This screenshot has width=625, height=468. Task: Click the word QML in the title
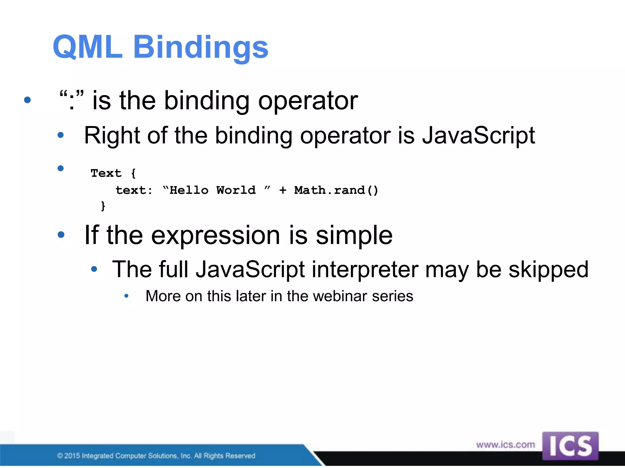click(x=88, y=47)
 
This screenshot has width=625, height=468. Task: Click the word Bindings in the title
click(x=201, y=47)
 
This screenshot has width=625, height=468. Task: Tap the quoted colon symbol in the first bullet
click(x=71, y=100)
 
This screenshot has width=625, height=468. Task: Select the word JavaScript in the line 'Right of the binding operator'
click(x=478, y=136)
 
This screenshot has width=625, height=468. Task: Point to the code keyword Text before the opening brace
click(x=106, y=173)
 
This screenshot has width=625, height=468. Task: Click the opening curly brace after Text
click(x=133, y=173)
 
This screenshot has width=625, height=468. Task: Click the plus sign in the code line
click(x=283, y=190)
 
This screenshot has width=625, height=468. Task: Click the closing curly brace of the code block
click(x=103, y=206)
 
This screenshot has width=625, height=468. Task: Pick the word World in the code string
click(x=236, y=190)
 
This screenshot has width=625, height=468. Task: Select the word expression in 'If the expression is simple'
click(x=215, y=235)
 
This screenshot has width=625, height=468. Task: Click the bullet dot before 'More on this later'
click(x=126, y=296)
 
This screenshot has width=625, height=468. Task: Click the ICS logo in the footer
click(x=570, y=446)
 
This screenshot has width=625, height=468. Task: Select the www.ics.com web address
click(x=505, y=445)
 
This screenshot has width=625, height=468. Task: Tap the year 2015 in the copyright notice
click(x=72, y=456)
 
